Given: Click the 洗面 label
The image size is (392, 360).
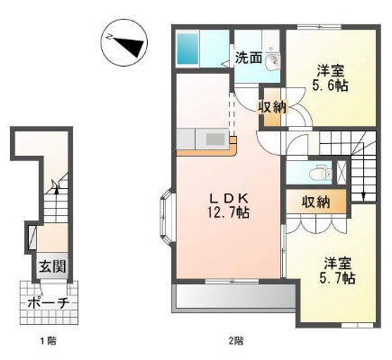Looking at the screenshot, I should pos(249,58).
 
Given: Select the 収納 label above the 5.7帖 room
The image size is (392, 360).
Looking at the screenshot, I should pos(315,202).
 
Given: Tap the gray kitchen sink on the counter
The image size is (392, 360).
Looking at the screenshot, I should pos(215,139).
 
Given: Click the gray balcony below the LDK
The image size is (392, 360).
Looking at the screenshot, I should pos(232,298).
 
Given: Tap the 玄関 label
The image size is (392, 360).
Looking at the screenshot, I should pos(50,267).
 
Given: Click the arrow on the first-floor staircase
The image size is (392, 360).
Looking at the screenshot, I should pos(56,186).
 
